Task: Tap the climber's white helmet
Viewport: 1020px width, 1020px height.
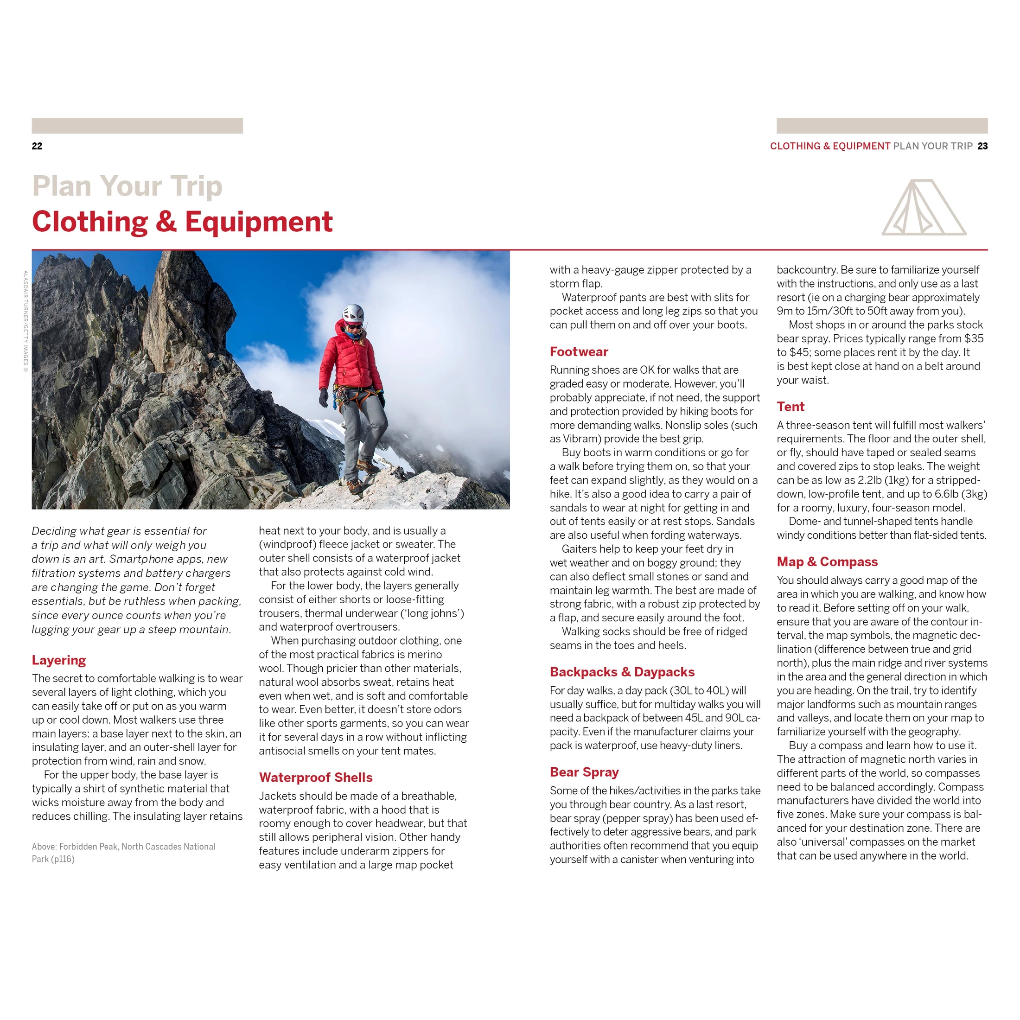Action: tap(353, 313)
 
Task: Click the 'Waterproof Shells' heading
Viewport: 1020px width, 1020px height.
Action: tap(316, 777)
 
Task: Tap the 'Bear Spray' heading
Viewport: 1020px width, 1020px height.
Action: tap(584, 772)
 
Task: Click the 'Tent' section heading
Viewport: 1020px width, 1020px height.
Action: tap(790, 407)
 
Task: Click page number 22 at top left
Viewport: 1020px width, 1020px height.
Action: tap(37, 146)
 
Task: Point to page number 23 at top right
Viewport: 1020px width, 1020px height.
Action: tap(982, 146)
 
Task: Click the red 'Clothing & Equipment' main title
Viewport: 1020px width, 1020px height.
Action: tap(182, 222)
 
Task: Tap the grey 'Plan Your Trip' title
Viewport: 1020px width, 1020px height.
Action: tap(127, 186)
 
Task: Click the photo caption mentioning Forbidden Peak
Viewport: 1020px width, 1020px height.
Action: tap(123, 853)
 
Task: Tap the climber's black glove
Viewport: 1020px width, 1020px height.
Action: tap(324, 397)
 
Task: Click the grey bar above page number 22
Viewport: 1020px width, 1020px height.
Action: tap(137, 126)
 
